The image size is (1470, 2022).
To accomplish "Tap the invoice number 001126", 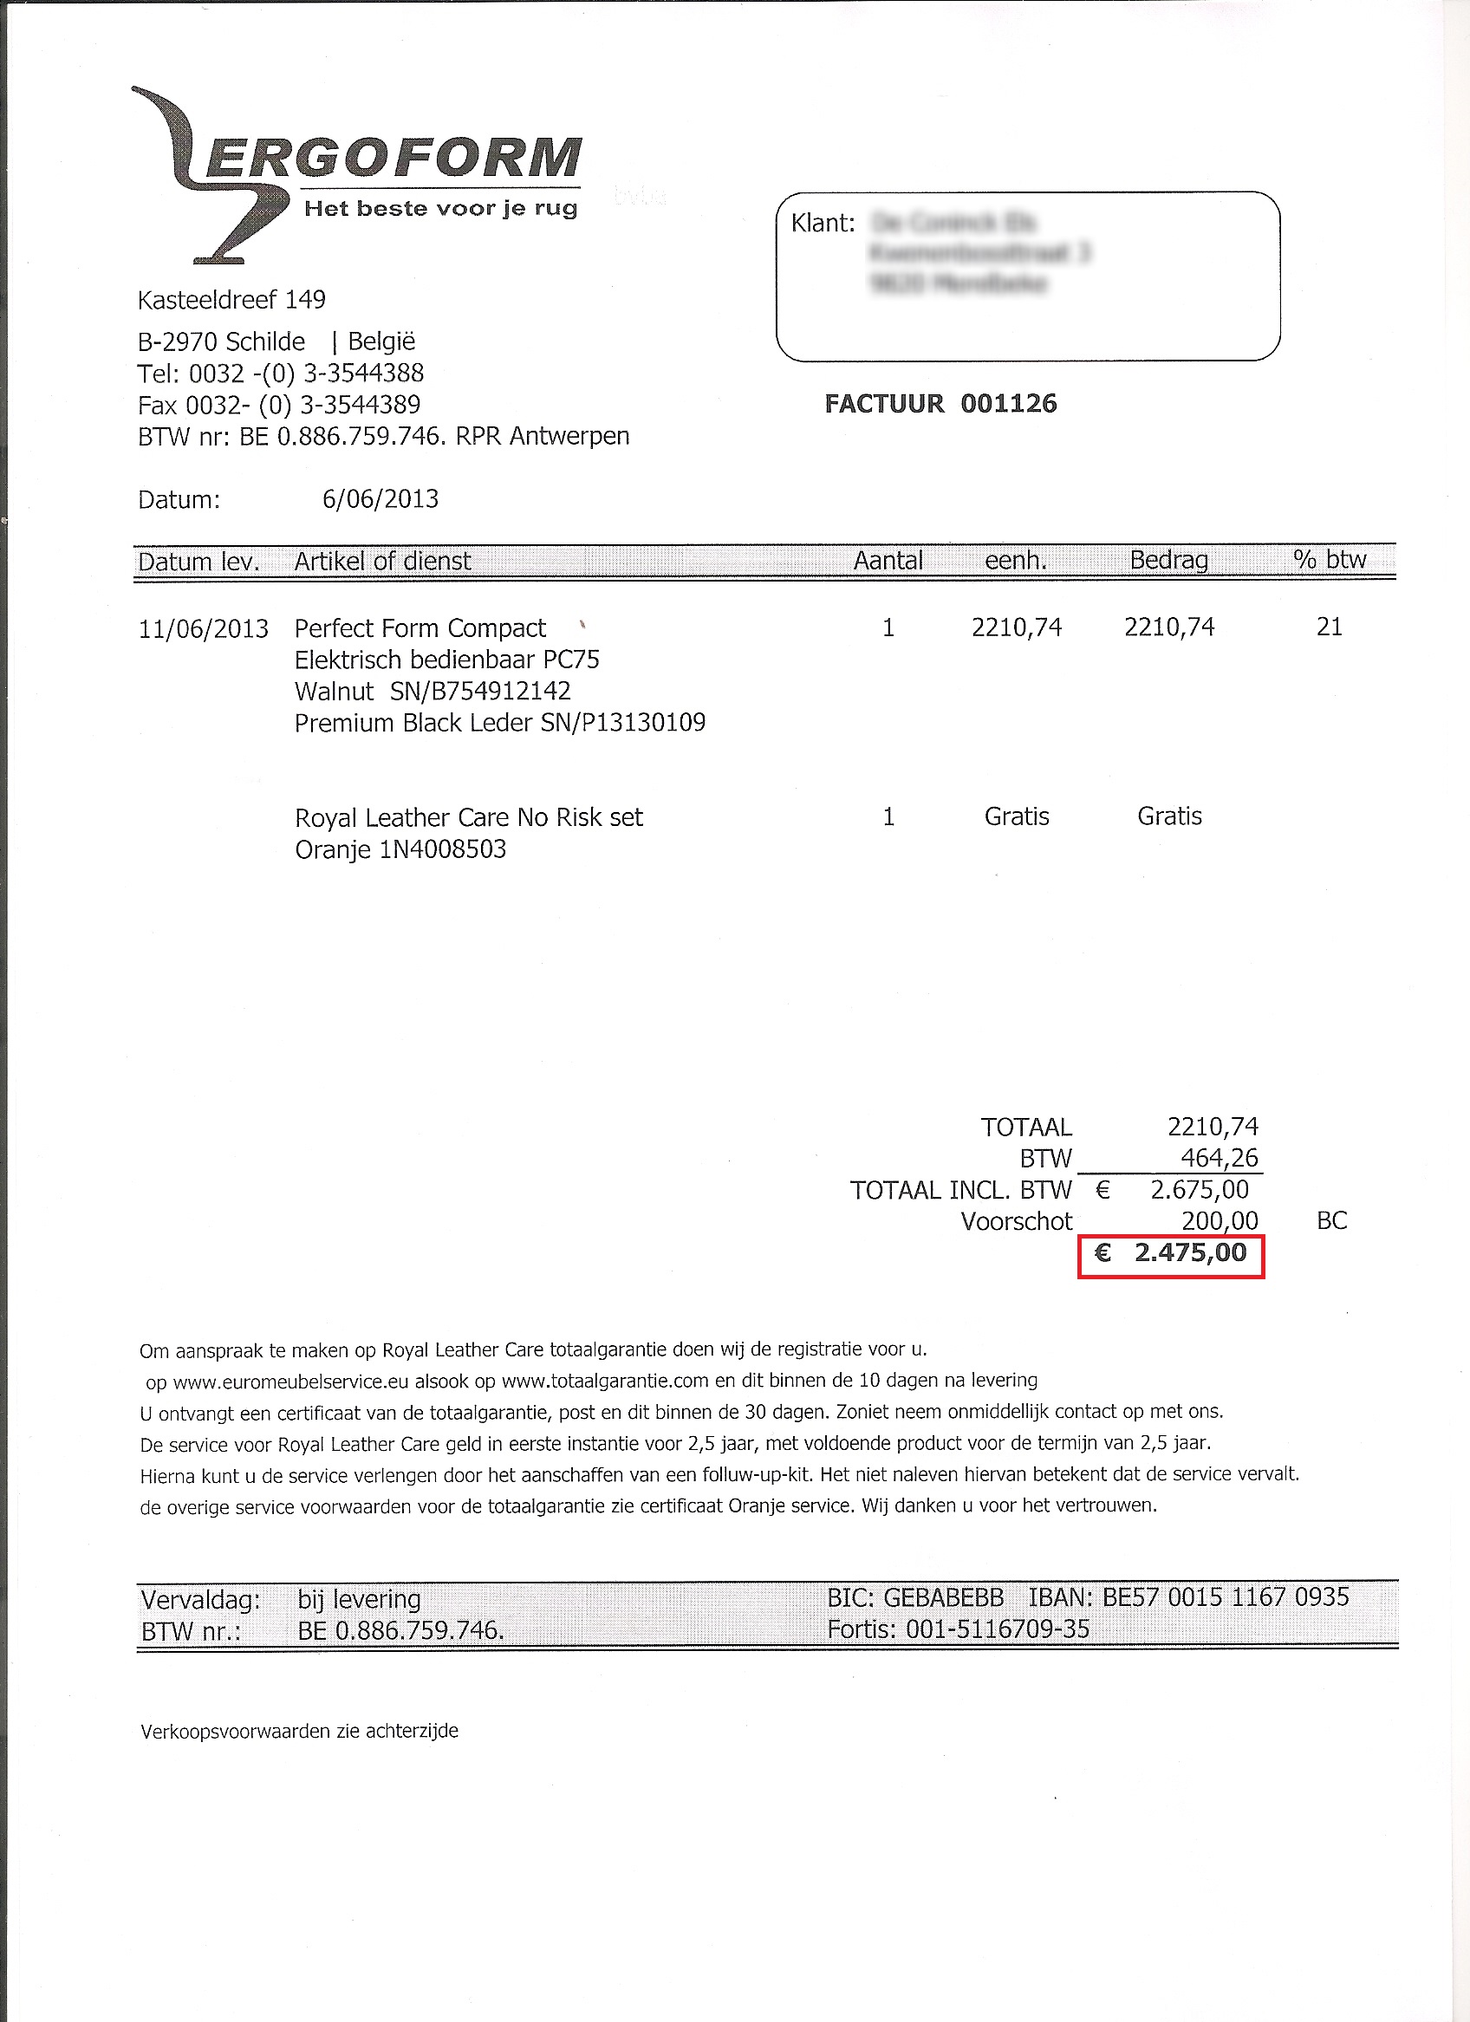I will (1008, 404).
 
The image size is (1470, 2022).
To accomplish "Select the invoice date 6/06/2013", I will (381, 498).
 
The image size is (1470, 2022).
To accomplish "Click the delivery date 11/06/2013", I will (203, 629).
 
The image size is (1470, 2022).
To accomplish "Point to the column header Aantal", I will (888, 561).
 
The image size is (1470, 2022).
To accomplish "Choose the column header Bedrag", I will (1168, 561).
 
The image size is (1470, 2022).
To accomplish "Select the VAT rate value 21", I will (1329, 627).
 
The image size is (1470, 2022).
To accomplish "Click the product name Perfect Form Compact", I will (420, 628).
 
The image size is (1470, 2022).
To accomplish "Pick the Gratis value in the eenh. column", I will (1016, 816).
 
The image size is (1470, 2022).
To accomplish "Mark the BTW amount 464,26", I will (1219, 1158).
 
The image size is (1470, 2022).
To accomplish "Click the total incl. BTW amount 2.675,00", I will (1199, 1189).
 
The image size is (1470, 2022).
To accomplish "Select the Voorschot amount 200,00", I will (1220, 1220).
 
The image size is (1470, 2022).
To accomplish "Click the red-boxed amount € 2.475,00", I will (1171, 1253).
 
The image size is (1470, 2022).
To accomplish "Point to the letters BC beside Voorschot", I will (1332, 1220).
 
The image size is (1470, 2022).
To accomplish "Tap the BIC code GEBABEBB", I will (943, 1596).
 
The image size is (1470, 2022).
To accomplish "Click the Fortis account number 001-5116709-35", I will (998, 1629).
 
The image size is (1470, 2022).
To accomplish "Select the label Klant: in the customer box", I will (823, 223).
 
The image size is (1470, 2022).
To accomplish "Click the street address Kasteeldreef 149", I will (231, 300).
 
